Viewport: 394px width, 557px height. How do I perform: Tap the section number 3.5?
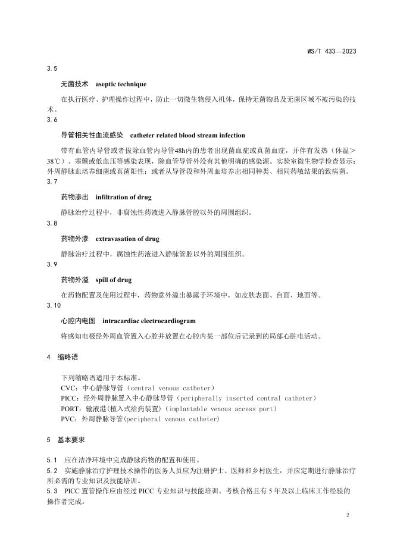(x=52, y=69)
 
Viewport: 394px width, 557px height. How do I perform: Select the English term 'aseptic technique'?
(x=121, y=85)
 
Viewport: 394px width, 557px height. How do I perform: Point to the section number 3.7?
(x=52, y=182)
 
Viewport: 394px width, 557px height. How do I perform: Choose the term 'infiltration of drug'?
(x=124, y=197)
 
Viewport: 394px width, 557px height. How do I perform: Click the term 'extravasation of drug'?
(x=127, y=239)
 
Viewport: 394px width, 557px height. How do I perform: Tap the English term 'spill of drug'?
(x=114, y=280)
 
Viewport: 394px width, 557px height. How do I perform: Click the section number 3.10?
(x=54, y=305)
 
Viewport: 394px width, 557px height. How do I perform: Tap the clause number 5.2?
(x=52, y=470)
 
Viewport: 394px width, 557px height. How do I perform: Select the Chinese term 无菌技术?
(x=74, y=85)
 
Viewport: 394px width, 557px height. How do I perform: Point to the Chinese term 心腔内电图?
(x=78, y=321)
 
